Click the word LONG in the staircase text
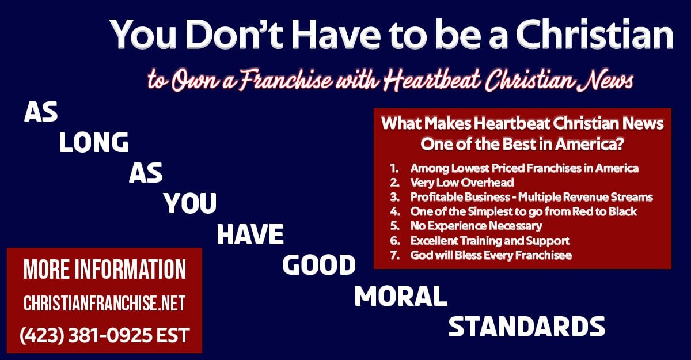(x=93, y=142)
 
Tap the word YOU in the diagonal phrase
(x=190, y=203)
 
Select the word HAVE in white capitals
(x=250, y=235)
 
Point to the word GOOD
(x=319, y=266)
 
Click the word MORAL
(x=401, y=296)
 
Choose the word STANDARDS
(x=526, y=327)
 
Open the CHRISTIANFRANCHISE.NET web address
(x=105, y=303)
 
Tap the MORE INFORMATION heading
(x=105, y=270)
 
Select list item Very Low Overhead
(x=462, y=183)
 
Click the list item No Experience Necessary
(x=476, y=226)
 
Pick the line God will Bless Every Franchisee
(x=491, y=255)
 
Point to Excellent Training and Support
(x=490, y=241)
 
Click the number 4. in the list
(x=395, y=211)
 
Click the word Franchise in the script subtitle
(x=286, y=80)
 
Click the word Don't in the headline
(x=234, y=34)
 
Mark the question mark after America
(x=620, y=144)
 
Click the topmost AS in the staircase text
(x=41, y=112)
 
